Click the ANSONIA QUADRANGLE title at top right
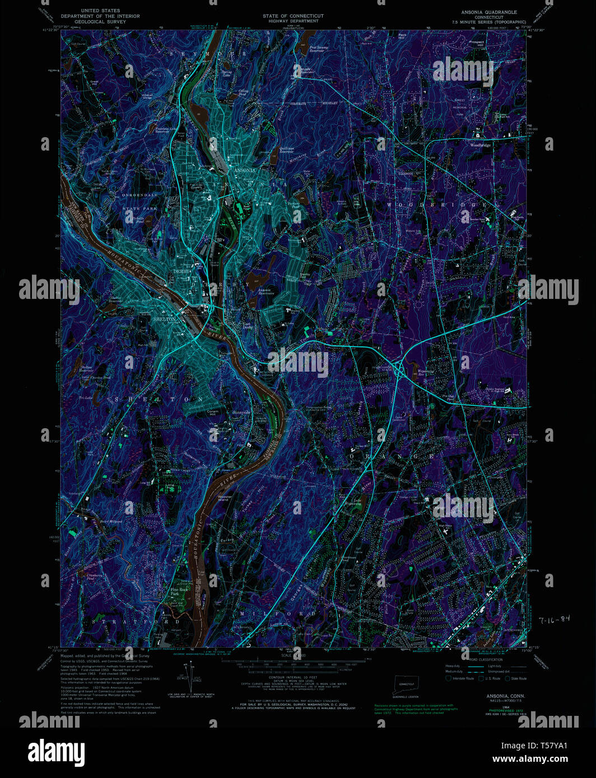coord(488,12)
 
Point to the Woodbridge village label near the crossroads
coord(480,145)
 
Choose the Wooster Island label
coord(225,498)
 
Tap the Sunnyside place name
coord(241,412)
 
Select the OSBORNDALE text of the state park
coord(140,195)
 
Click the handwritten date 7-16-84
coord(554,619)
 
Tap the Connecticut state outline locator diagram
coord(406,684)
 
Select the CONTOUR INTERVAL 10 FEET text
coord(289,677)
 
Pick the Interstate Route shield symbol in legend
coord(448,678)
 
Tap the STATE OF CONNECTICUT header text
coord(293,16)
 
